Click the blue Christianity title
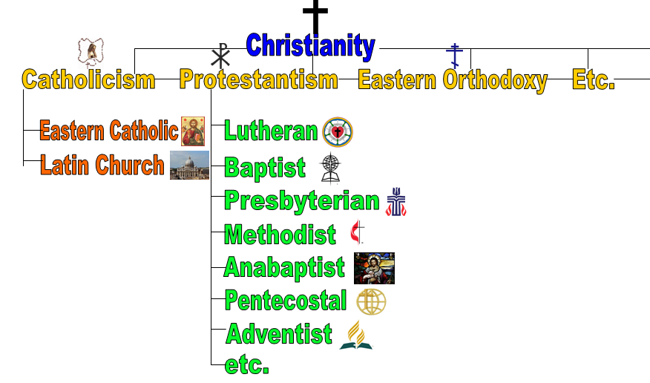coord(310,45)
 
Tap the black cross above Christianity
coord(315,16)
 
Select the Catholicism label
coord(89,79)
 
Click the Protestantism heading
coord(259,79)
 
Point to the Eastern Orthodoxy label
coord(453,80)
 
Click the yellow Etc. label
coord(593,79)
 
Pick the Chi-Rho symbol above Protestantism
coord(220,56)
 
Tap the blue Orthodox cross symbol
coord(455,56)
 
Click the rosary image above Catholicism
coord(91,52)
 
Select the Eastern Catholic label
coord(109,131)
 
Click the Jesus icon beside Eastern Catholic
coord(193,131)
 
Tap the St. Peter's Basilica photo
coord(189,165)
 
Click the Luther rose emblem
coord(338,132)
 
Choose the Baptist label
coord(265,168)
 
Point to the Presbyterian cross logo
coord(396,202)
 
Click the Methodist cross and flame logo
coord(357,232)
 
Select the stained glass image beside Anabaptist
coord(374,268)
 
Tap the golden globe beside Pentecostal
coord(372,302)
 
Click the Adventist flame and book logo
coord(356,335)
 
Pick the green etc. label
coord(246,364)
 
